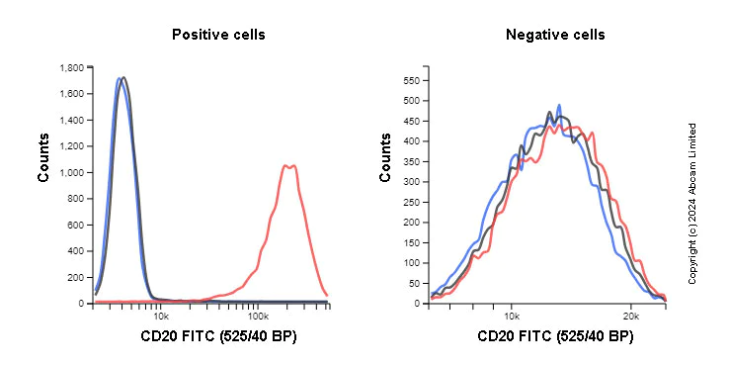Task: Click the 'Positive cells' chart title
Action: pyautogui.click(x=218, y=35)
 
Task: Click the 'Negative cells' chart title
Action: pyautogui.click(x=555, y=35)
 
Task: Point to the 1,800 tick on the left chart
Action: pyautogui.click(x=71, y=68)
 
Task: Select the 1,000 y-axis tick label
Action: pyautogui.click(x=71, y=172)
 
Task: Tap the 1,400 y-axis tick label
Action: pyautogui.click(x=71, y=120)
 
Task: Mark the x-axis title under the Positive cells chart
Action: pyautogui.click(x=218, y=337)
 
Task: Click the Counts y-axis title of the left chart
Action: pyautogui.click(x=44, y=158)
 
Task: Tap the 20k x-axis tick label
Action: pyautogui.click(x=631, y=316)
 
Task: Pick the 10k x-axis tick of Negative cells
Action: pyautogui.click(x=512, y=316)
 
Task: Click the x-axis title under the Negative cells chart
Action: pyautogui.click(x=555, y=337)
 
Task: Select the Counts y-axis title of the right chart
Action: pyautogui.click(x=386, y=158)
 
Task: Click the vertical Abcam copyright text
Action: pyautogui.click(x=692, y=203)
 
